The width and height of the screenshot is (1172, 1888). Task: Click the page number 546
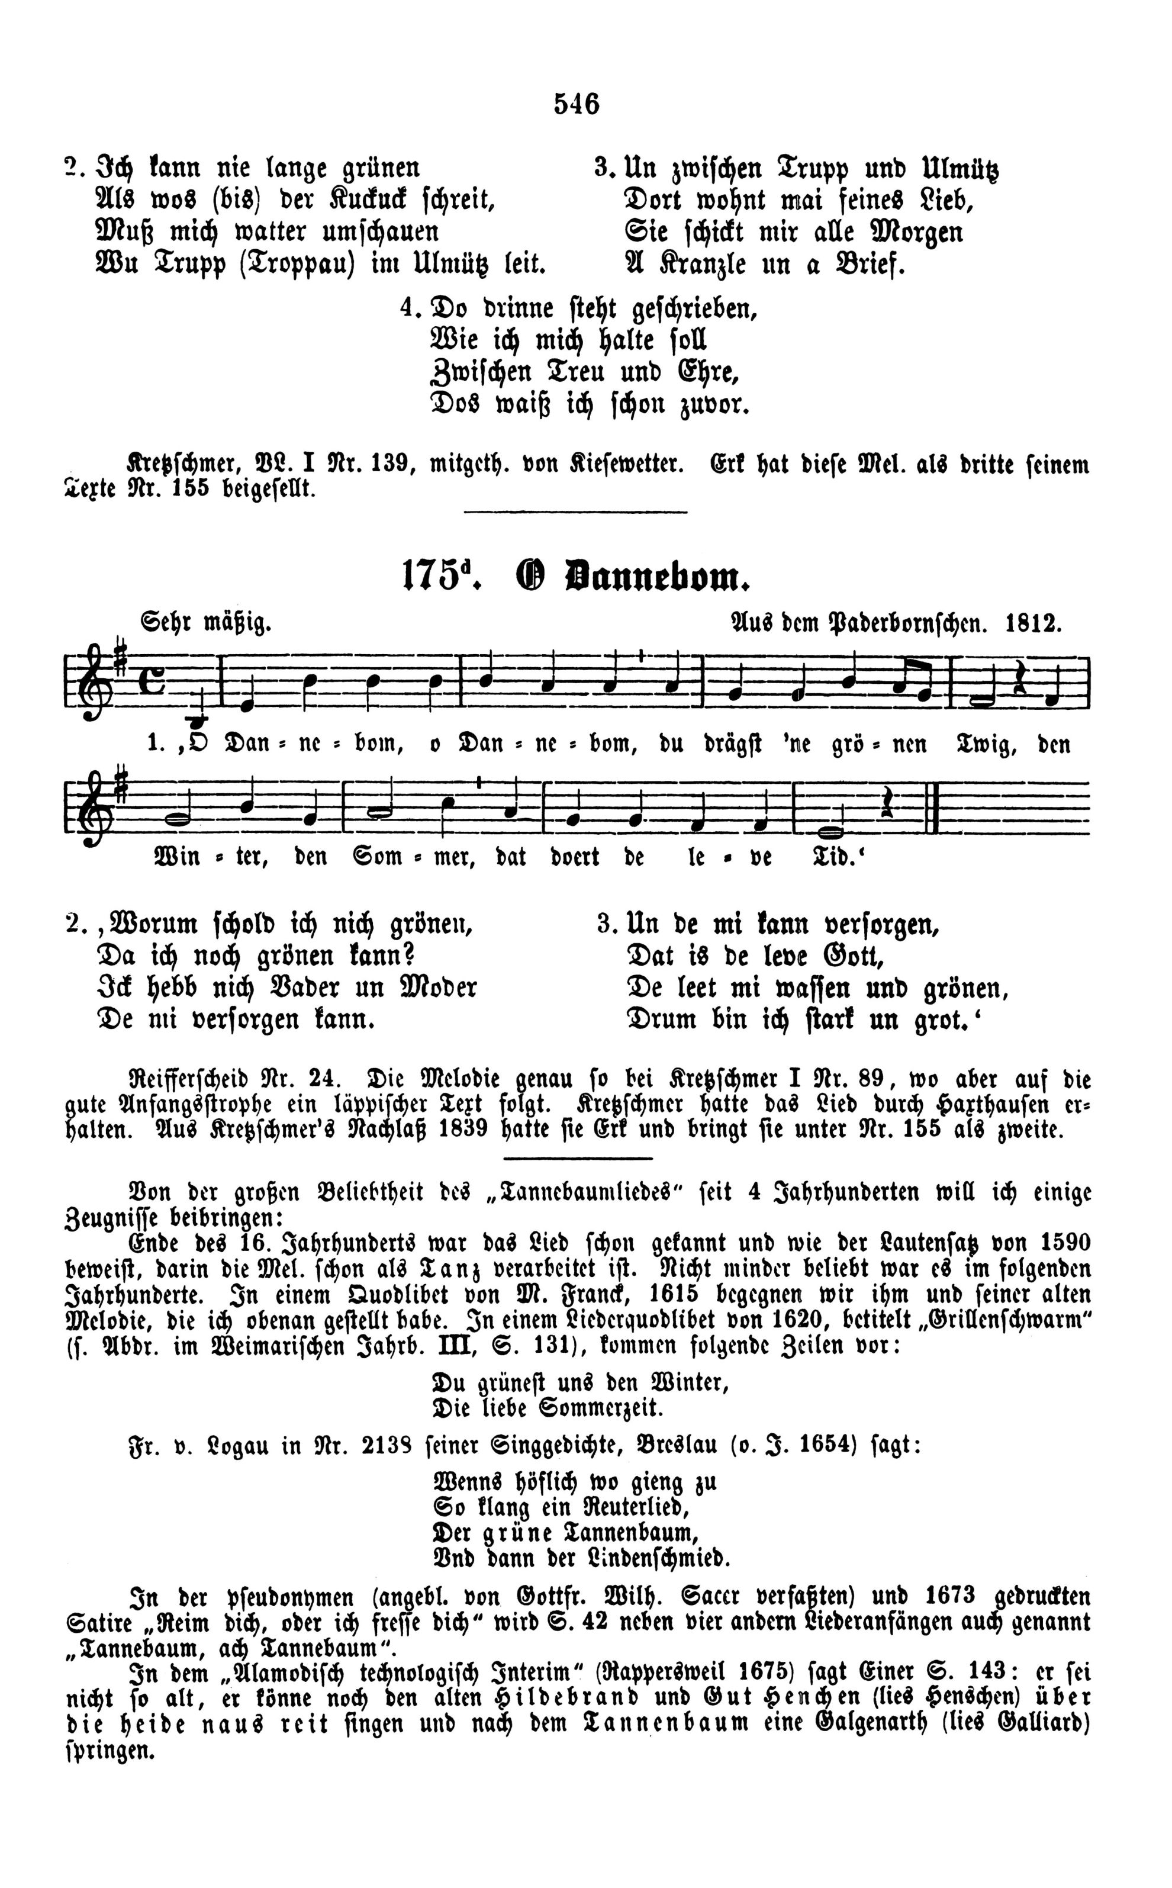(577, 103)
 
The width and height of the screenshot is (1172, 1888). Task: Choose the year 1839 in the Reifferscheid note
(463, 1129)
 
